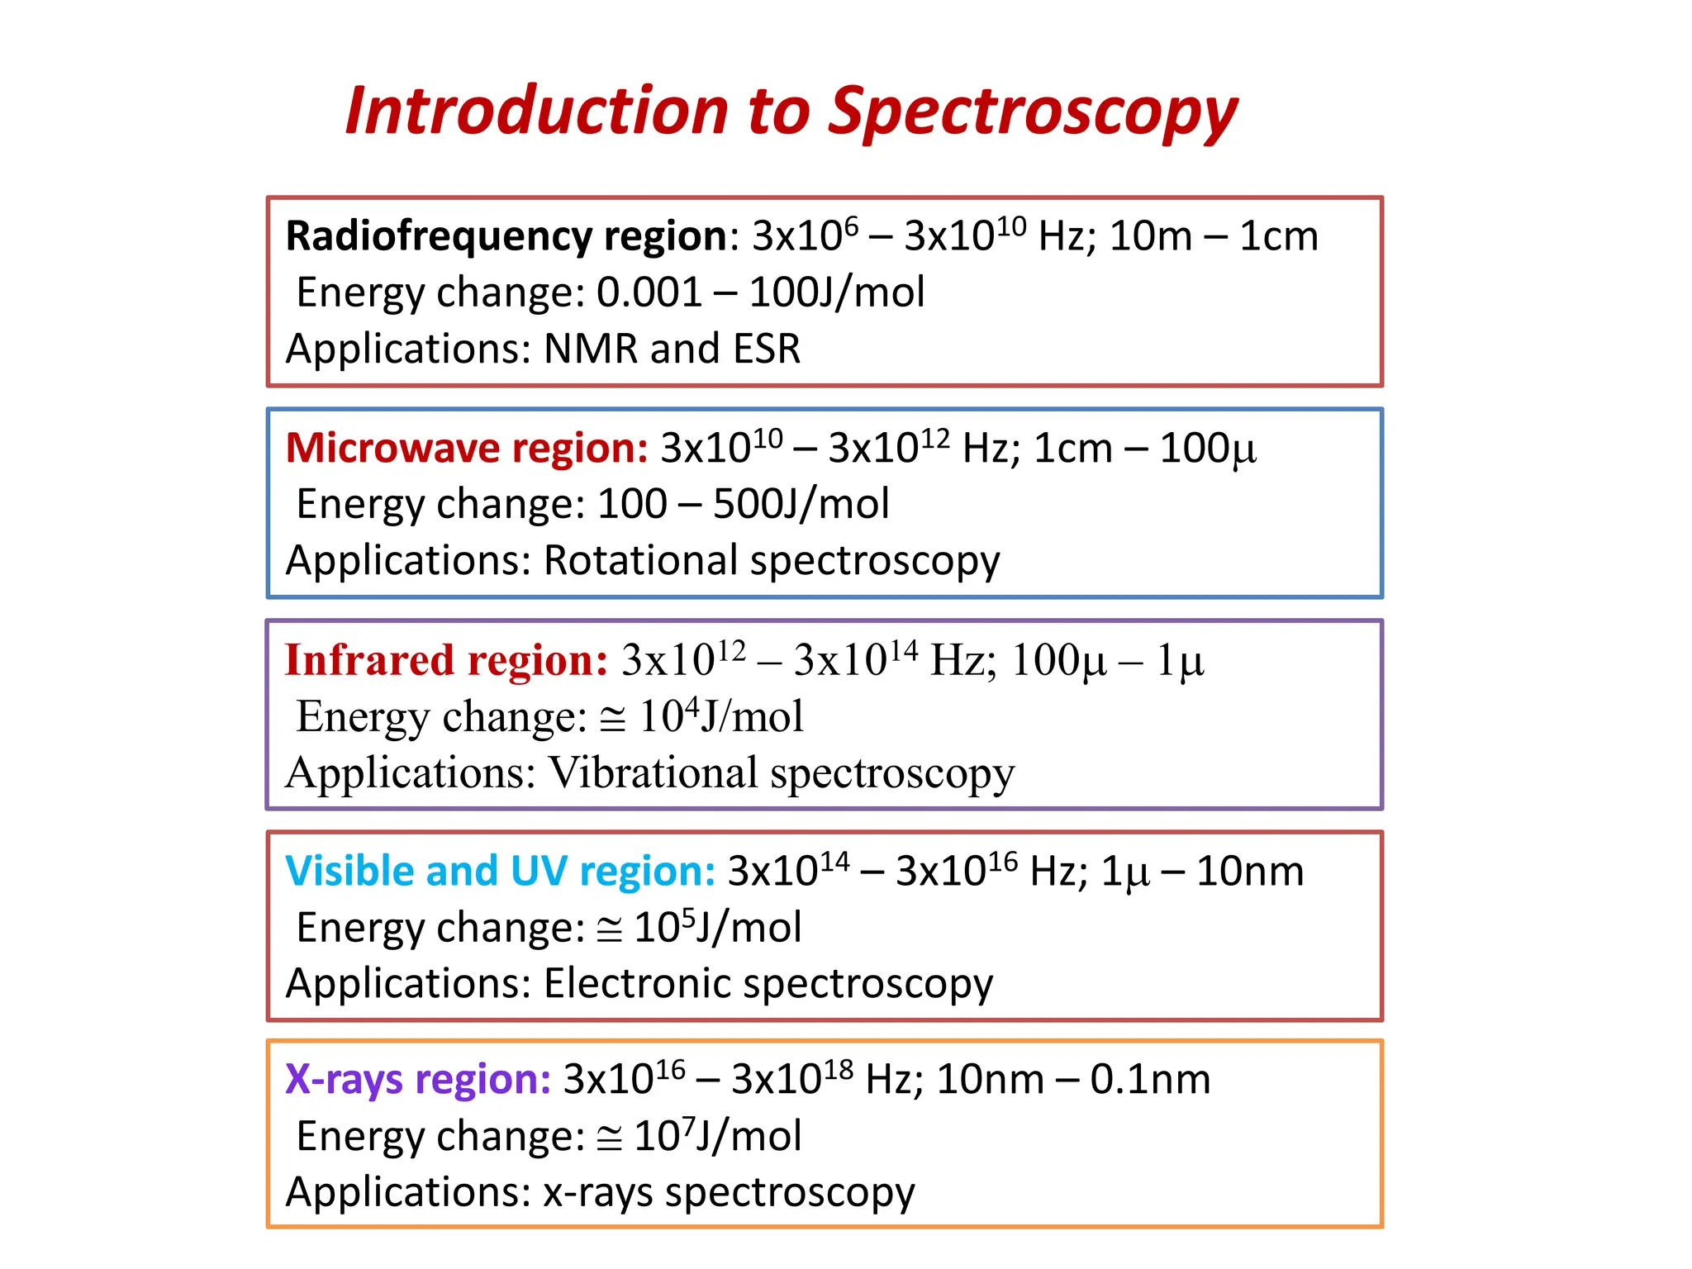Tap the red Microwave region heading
click(467, 448)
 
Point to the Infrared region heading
click(446, 660)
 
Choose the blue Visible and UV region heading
click(500, 871)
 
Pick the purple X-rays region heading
click(417, 1079)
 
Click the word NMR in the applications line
click(591, 349)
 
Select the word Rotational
click(641, 560)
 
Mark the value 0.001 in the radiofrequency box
click(649, 292)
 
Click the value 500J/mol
click(801, 504)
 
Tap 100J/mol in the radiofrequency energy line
click(836, 292)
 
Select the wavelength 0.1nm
click(1150, 1079)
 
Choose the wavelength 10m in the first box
click(1150, 236)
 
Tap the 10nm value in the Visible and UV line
click(1249, 871)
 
